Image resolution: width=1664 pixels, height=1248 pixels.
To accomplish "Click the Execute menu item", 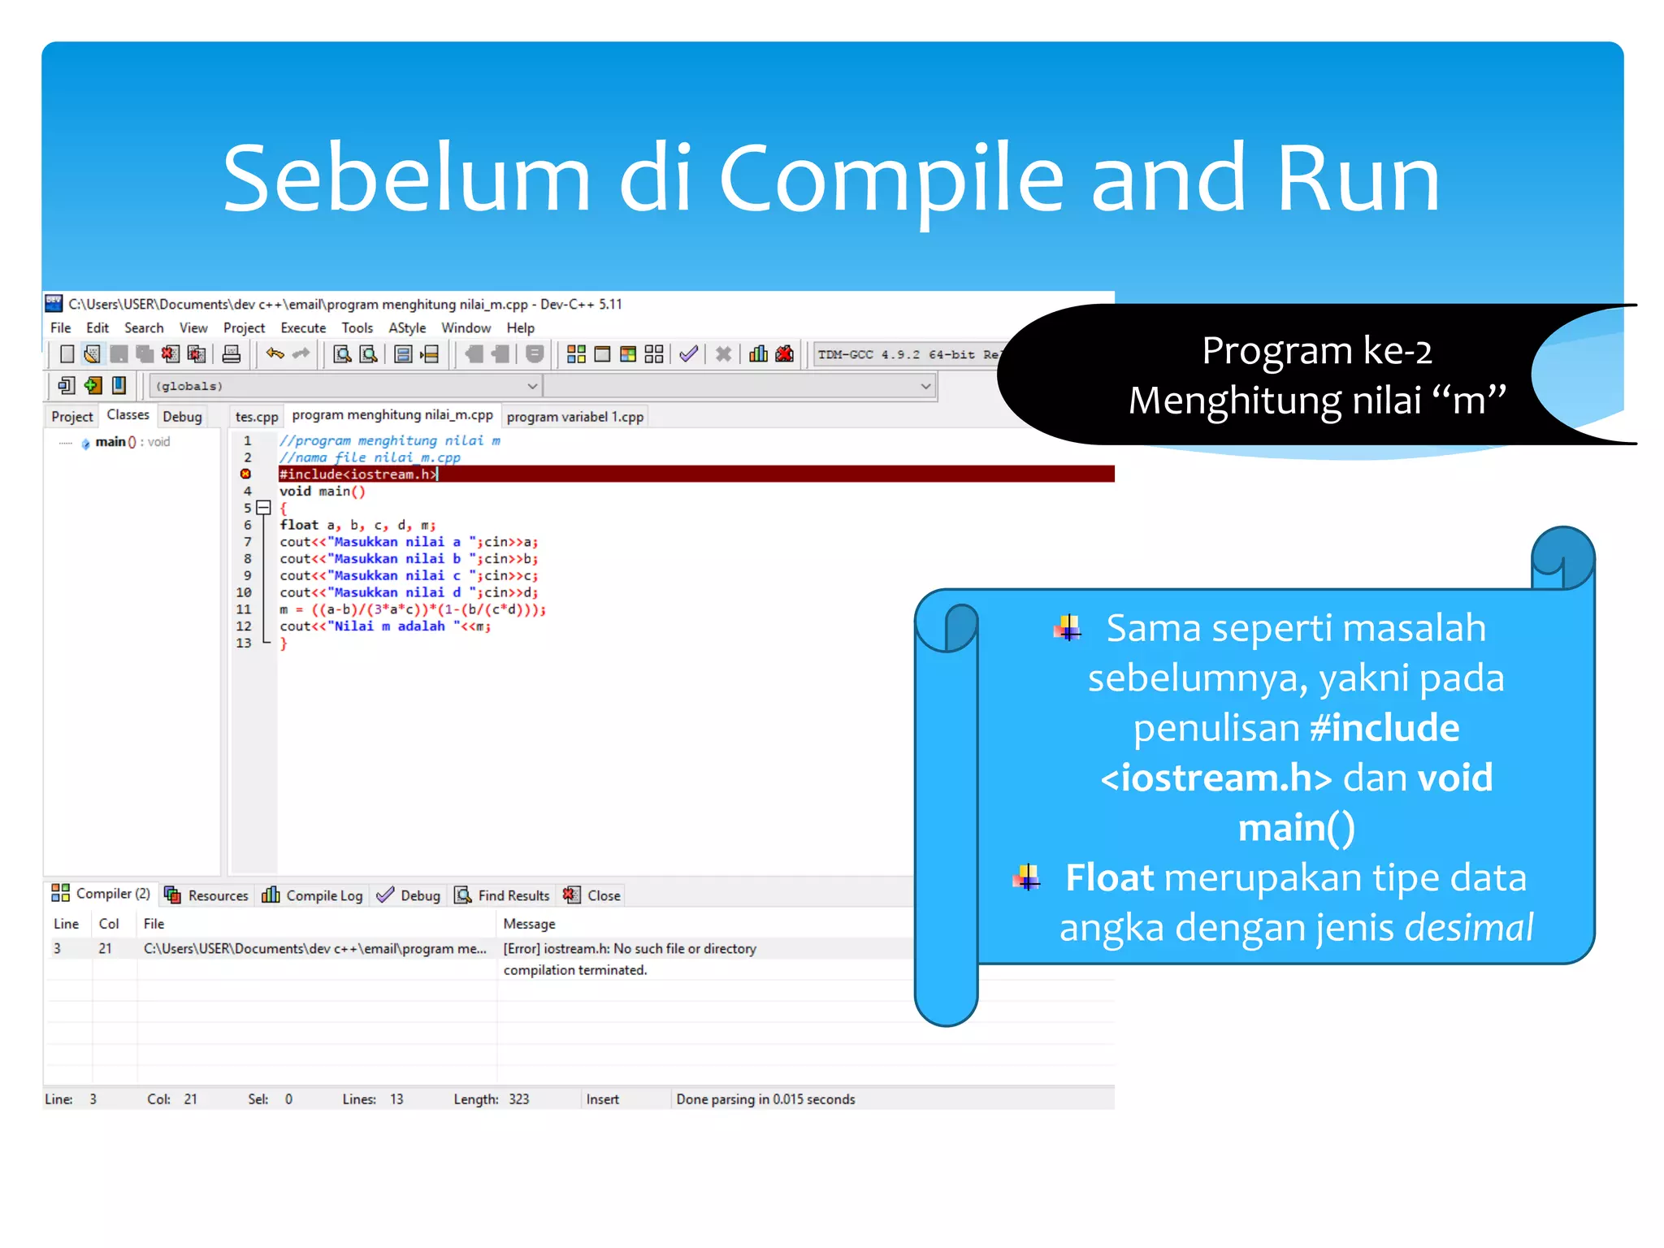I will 303,328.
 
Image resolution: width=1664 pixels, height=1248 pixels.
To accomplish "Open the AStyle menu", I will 407,328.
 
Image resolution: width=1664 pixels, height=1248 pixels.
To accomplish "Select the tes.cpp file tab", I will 257,417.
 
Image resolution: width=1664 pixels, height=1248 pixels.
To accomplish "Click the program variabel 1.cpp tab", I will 574,417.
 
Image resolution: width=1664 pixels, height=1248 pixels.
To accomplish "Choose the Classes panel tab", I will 128,415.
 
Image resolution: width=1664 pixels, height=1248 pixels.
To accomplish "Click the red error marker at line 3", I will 245,474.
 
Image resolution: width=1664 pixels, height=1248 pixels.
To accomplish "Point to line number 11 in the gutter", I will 244,609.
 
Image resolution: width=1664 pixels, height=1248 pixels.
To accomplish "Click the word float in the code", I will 299,526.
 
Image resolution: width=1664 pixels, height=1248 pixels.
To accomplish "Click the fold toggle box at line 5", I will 263,508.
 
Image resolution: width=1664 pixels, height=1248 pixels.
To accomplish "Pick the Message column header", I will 529,924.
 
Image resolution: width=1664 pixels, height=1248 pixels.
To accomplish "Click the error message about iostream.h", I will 630,949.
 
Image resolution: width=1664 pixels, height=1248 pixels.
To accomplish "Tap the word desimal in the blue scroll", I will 1468,928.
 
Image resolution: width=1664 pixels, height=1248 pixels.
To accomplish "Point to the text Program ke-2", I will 1316,351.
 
